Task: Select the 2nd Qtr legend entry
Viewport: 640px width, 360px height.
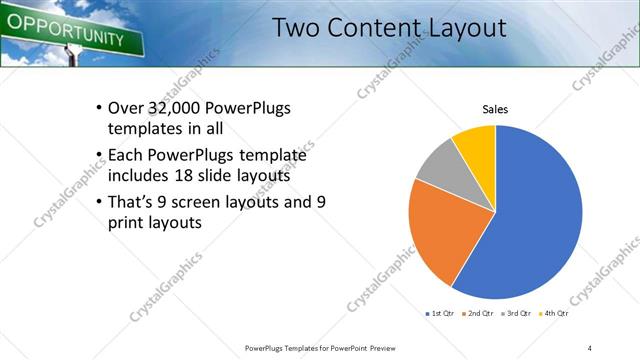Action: (481, 314)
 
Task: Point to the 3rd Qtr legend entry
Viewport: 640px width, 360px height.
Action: (517, 314)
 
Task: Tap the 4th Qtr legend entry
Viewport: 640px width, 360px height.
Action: (554, 314)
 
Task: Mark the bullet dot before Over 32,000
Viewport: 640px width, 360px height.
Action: (98, 109)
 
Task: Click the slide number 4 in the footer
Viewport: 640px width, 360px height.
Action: (589, 347)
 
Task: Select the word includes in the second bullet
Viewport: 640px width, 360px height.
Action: (138, 176)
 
